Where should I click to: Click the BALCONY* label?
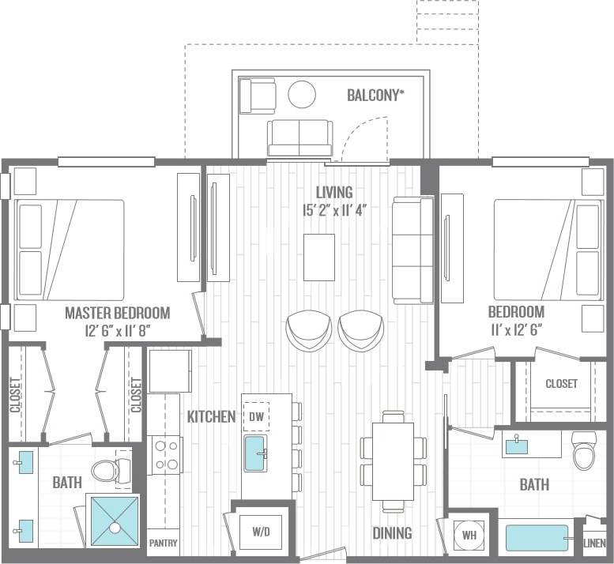pyautogui.click(x=375, y=96)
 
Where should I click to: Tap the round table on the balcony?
pyautogui.click(x=302, y=95)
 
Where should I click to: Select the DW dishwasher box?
pyautogui.click(x=256, y=416)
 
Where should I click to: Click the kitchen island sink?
pyautogui.click(x=255, y=453)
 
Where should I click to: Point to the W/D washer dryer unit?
pyautogui.click(x=262, y=532)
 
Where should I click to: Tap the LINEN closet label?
pyautogui.click(x=593, y=543)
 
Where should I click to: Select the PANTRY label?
pyautogui.click(x=164, y=543)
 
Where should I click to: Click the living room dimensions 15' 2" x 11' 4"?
pyautogui.click(x=334, y=210)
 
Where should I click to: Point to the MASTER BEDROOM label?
pyautogui.click(x=117, y=313)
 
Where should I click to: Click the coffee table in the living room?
pyautogui.click(x=318, y=257)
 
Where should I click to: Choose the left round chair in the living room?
pyautogui.click(x=308, y=329)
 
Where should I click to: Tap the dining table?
pyautogui.click(x=393, y=461)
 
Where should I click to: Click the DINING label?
pyautogui.click(x=392, y=533)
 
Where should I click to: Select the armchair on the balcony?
pyautogui.click(x=258, y=96)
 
